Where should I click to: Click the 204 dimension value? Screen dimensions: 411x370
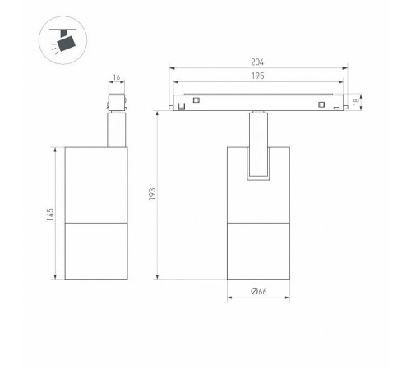coord(257,62)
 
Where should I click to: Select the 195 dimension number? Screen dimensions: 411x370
coord(258,76)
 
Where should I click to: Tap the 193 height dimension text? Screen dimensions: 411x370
coord(152,194)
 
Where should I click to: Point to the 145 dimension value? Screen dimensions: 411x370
coord(50,215)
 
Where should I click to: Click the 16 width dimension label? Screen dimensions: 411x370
coord(117,77)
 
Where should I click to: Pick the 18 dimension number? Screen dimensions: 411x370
coord(356,102)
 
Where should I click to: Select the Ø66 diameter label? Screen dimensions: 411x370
coord(259,291)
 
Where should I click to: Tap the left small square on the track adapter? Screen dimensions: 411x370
coord(196,100)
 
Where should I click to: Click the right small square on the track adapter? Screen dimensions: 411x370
coord(321,104)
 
